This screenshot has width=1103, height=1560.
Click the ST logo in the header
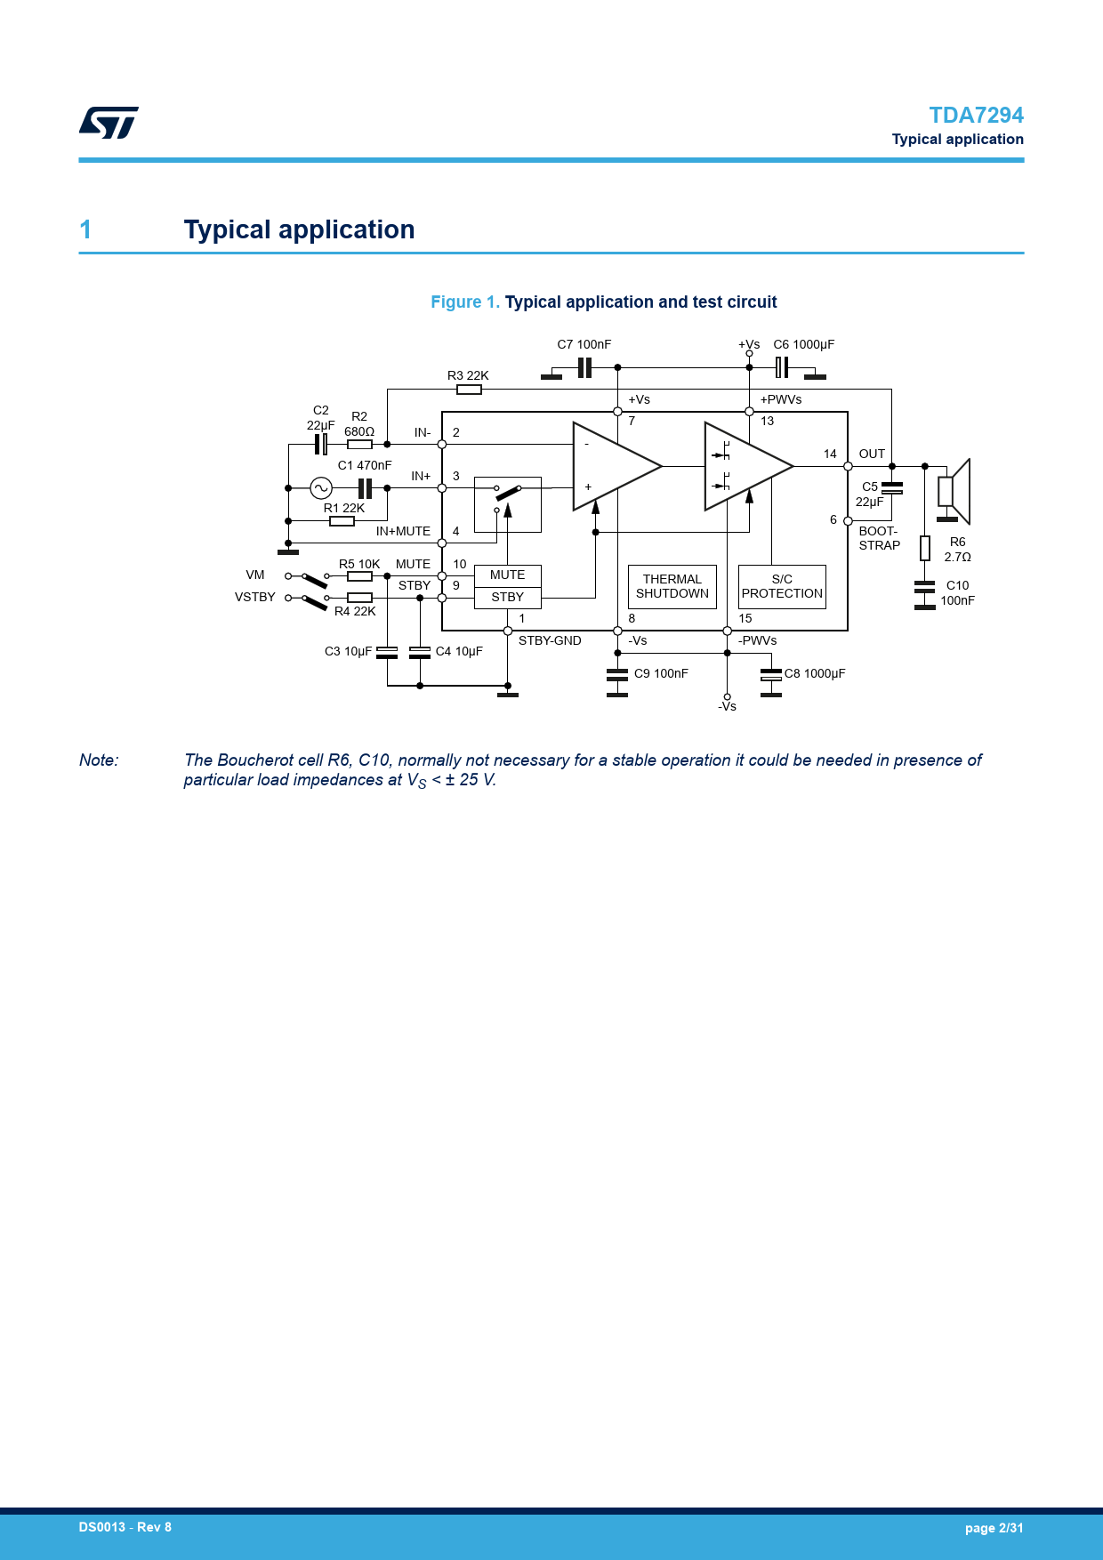[109, 123]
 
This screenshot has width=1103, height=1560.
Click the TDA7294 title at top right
[976, 116]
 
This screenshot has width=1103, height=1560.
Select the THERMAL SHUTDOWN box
[672, 587]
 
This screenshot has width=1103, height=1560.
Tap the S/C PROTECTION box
[782, 587]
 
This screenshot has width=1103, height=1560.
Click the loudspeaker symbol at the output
[954, 491]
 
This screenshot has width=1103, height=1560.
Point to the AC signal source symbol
[321, 487]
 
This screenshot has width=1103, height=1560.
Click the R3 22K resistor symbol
[469, 390]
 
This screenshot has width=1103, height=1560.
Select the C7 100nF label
[584, 345]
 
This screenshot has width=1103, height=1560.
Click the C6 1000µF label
[803, 345]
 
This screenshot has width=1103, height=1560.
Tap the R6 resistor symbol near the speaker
[925, 548]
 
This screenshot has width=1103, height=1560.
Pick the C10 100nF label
[957, 593]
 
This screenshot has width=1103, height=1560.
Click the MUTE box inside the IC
[507, 575]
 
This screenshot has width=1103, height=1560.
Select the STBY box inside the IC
[507, 598]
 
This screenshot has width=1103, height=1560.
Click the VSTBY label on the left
[255, 598]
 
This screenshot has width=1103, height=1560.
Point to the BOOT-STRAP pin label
[879, 538]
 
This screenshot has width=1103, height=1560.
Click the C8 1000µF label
[814, 674]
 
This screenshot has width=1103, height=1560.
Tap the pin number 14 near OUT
[830, 454]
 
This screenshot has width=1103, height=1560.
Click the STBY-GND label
[550, 641]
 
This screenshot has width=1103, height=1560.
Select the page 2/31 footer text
[994, 1528]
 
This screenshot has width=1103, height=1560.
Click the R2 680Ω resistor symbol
[359, 444]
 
